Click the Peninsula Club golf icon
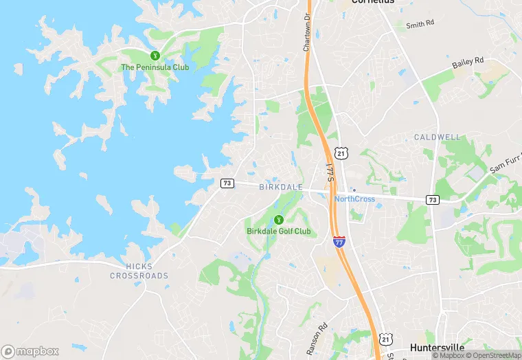point(155,56)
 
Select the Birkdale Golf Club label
point(278,232)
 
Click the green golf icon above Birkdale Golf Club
point(278,220)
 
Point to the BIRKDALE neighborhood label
point(280,187)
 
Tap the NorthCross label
point(354,199)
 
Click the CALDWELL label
point(438,137)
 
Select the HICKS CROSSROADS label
point(138,271)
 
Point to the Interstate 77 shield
point(339,241)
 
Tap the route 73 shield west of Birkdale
point(227,183)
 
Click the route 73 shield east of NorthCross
point(432,199)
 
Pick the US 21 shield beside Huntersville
point(385,339)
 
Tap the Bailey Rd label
point(468,64)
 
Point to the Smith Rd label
point(420,25)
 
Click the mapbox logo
point(30,351)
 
